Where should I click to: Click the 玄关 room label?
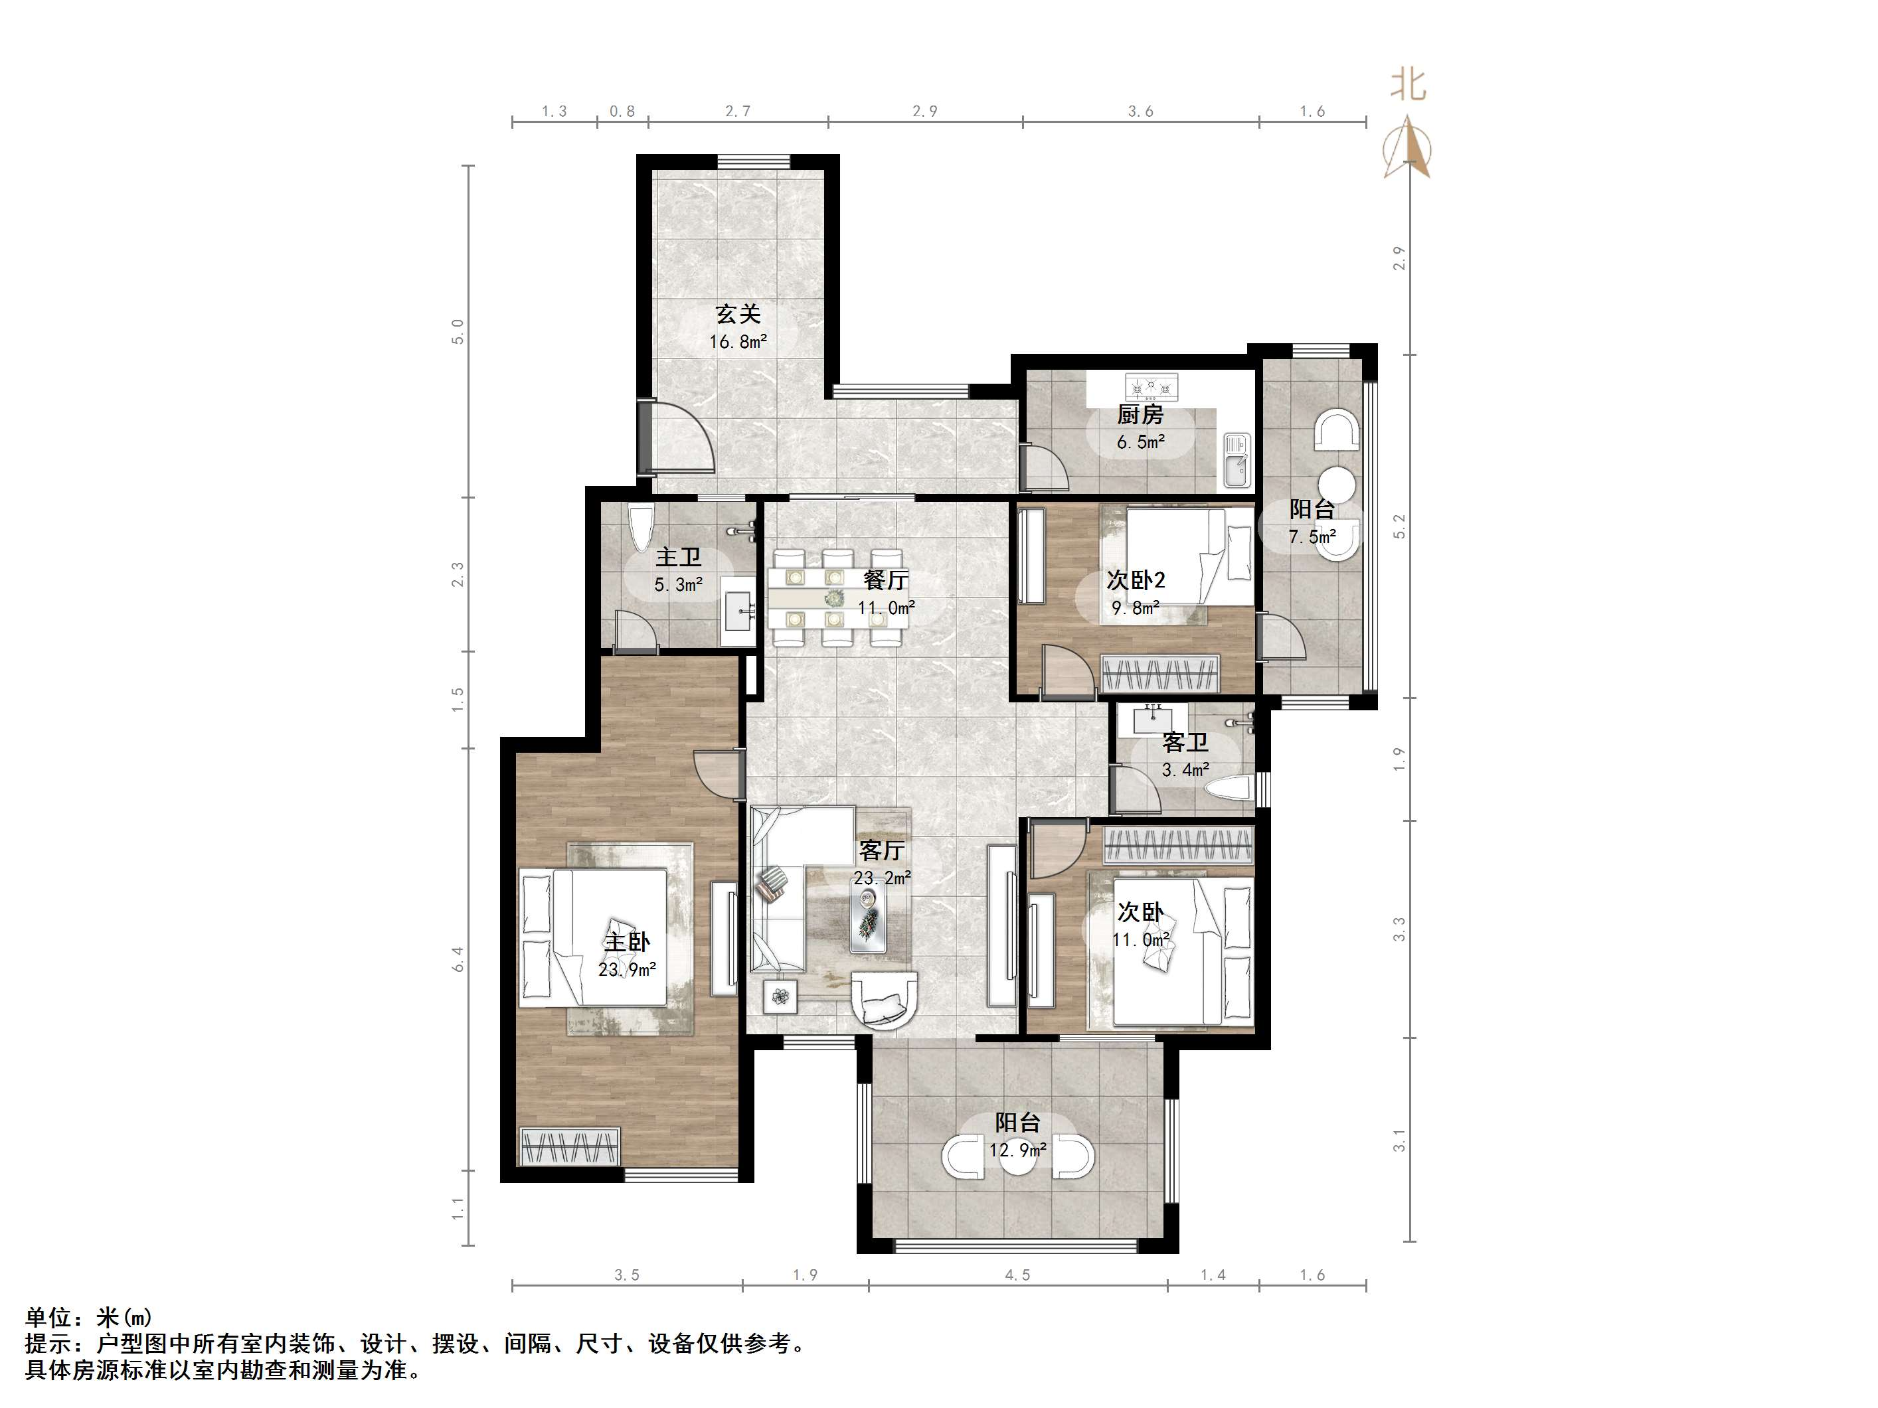click(738, 314)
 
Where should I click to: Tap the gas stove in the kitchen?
click(1152, 387)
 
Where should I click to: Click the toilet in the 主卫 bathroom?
click(640, 526)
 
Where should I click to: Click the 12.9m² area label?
click(1017, 1151)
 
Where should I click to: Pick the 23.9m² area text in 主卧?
click(627, 969)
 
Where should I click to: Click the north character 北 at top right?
click(1408, 85)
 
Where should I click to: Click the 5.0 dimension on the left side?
click(458, 331)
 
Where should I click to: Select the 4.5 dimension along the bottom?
click(1017, 1275)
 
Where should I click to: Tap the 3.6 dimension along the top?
click(1140, 111)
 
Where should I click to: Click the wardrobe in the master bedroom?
click(570, 1146)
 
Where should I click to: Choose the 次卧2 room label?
click(1136, 580)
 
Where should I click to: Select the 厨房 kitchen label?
click(1140, 414)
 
